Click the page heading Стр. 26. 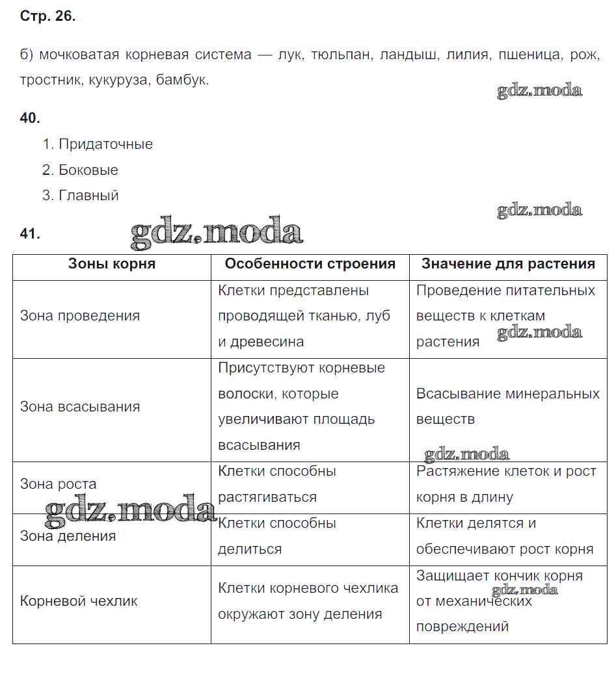(x=47, y=17)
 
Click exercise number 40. (x=30, y=118)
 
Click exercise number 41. (x=30, y=234)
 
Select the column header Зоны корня (x=112, y=263)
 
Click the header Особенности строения (x=310, y=263)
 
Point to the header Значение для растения (x=508, y=263)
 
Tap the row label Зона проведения (x=80, y=316)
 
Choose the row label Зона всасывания (x=80, y=407)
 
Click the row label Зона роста (x=59, y=484)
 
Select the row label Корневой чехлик (x=79, y=601)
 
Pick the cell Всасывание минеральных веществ (x=507, y=406)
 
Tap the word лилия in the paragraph (x=467, y=55)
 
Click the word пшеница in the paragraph (x=529, y=55)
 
